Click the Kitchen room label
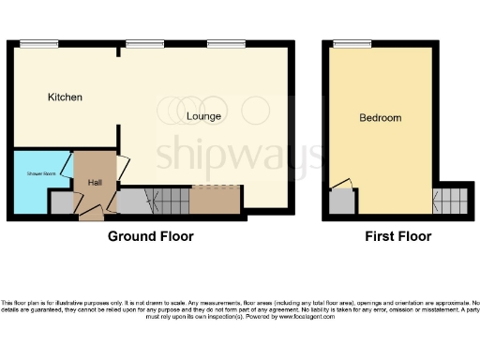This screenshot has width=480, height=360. pos(66,97)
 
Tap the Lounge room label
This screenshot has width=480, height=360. pos(203,116)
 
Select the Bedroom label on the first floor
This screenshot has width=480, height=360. pos(381,118)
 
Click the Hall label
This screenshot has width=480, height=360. pos(95,181)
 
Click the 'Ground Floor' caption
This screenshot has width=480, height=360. pos(150,236)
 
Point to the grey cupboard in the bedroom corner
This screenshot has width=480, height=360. pos(342,201)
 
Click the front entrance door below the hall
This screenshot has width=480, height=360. pos(91,215)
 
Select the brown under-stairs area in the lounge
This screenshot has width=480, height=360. pos(216,199)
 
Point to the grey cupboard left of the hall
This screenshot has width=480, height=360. pos(61,202)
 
